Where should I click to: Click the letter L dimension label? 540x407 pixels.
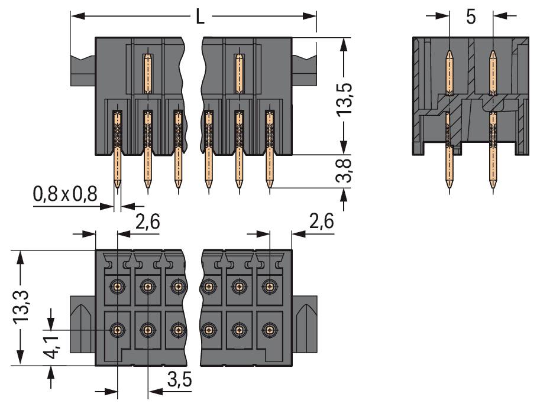pos(201,17)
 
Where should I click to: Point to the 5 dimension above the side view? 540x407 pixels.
pos(471,17)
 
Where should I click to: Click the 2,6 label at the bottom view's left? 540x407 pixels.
pos(147,223)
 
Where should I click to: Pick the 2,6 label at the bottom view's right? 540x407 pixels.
pos(321,223)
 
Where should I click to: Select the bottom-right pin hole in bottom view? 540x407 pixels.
pos(270,329)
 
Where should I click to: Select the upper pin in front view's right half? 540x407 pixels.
pos(238,73)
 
